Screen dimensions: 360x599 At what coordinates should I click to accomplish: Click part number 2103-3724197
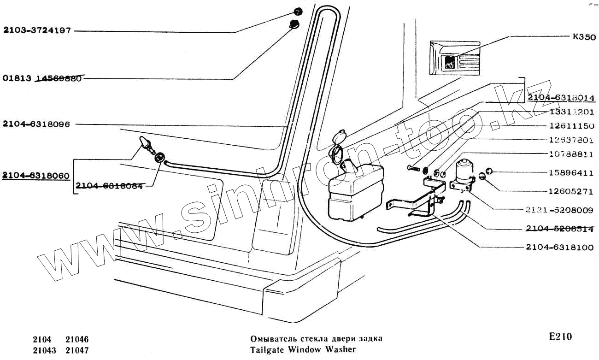[x=37, y=31]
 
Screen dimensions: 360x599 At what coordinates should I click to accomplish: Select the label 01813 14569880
[x=42, y=78]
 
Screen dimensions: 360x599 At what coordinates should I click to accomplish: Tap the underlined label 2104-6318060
[x=36, y=176]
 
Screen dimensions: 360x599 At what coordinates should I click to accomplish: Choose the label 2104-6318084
[x=109, y=186]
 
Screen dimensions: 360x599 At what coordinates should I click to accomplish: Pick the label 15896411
[x=571, y=173]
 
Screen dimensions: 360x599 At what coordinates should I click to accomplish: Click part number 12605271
[x=571, y=191]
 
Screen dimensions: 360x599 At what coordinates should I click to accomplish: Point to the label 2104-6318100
[x=559, y=247]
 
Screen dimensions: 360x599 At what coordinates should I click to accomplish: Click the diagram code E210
[x=560, y=336]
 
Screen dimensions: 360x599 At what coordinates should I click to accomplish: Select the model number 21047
[x=77, y=350]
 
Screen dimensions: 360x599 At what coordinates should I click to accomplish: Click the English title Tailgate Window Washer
[x=303, y=349]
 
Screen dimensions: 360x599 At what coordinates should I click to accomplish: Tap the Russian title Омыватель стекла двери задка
[x=316, y=339]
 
